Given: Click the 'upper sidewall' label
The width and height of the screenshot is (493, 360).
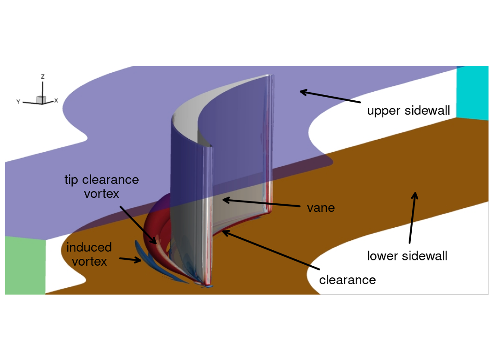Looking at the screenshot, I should point(408,111).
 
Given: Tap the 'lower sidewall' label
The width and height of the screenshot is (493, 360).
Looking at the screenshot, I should point(407,256).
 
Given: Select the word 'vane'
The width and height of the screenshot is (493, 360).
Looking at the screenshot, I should point(321,208).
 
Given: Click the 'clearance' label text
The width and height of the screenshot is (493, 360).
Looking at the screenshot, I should point(347,280).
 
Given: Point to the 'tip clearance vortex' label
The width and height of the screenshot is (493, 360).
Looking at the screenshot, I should point(102,186).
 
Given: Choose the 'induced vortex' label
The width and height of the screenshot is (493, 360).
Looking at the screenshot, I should point(89,254).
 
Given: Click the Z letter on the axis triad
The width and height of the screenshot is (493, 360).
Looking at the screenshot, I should point(43,77).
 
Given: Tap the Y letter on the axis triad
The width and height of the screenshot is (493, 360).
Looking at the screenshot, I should point(18,102).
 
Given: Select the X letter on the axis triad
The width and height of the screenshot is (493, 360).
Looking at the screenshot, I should point(56,100).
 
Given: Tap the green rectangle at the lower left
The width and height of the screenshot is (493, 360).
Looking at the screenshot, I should point(25,265).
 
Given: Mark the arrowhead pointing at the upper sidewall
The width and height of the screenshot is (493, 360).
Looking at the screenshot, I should point(302,92).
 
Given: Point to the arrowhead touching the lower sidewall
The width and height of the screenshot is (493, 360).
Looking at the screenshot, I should point(415,194).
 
